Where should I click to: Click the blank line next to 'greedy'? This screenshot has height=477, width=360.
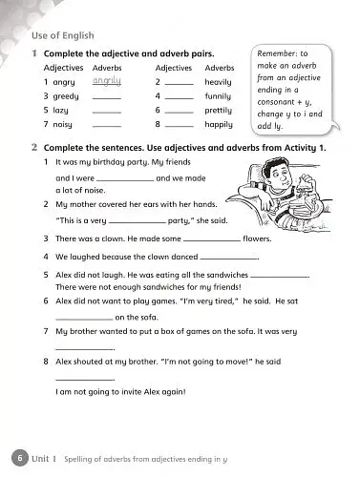click(106, 99)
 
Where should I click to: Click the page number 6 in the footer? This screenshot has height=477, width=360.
click(17, 459)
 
